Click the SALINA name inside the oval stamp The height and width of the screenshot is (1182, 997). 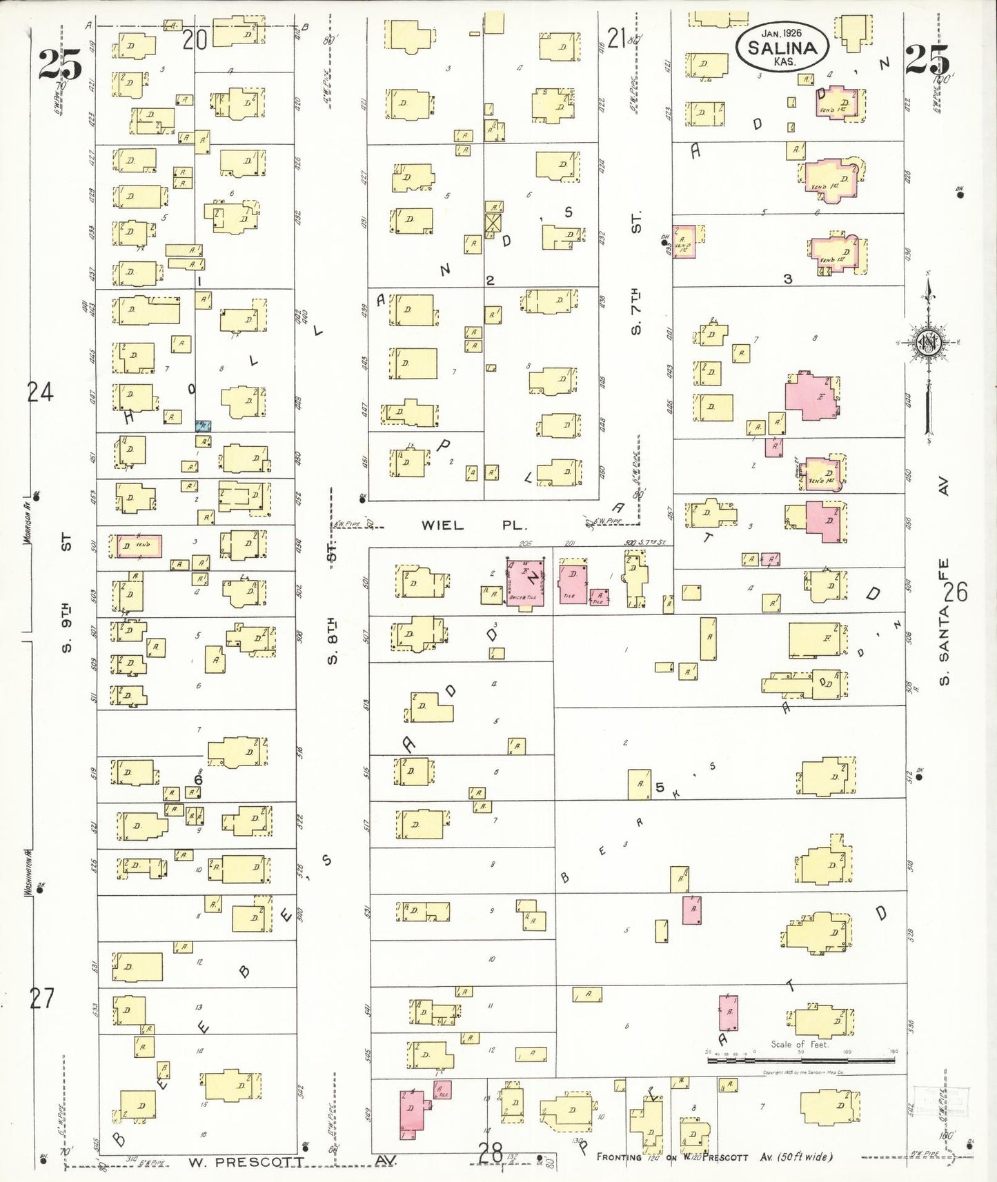[782, 48]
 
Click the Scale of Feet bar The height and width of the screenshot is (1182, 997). [800, 1059]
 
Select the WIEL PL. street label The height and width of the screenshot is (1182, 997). [473, 525]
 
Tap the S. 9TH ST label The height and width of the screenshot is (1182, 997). [66, 593]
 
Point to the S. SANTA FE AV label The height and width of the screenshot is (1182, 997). [943, 621]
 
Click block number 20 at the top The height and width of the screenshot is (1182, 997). [195, 40]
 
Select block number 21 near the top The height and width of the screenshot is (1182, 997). [616, 38]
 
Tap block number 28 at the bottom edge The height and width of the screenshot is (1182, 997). [491, 1151]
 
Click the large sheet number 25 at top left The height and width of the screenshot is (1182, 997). [59, 63]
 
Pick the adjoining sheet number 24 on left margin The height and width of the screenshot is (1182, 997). [40, 392]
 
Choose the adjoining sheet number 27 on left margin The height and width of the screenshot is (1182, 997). [41, 998]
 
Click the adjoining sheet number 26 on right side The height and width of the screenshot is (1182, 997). [956, 592]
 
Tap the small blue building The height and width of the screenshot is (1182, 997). [204, 425]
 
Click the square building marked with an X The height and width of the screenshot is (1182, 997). [493, 223]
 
